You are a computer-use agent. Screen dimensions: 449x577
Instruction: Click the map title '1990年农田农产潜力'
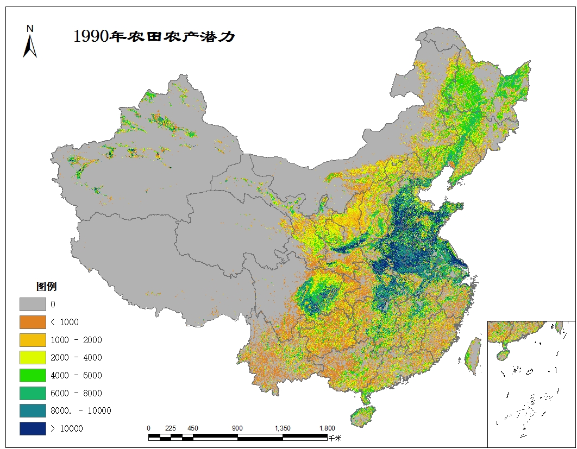coord(154,36)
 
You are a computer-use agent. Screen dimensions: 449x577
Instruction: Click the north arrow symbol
coord(30,46)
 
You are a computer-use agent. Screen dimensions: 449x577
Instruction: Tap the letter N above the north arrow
coord(30,28)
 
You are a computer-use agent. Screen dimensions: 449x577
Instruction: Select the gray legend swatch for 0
coord(33,304)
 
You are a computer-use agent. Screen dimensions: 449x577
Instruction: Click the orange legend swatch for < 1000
coord(33,322)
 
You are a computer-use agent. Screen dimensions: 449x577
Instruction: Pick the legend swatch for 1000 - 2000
coord(33,340)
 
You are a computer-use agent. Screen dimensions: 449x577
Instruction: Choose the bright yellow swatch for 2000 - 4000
coord(33,357)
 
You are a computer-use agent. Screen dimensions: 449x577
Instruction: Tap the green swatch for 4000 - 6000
coord(33,375)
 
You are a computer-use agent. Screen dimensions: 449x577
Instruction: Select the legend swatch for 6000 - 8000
coord(33,393)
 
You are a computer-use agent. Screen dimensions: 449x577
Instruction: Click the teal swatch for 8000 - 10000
coord(33,410)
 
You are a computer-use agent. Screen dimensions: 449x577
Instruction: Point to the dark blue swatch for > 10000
coord(33,428)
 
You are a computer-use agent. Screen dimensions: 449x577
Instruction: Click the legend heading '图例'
coord(46,286)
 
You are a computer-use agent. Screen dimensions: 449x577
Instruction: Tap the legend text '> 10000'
coord(67,429)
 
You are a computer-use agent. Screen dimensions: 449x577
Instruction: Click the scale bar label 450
coord(193,428)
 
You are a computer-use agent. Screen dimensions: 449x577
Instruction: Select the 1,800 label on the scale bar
coord(327,428)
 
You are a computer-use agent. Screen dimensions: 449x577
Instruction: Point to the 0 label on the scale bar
coord(149,428)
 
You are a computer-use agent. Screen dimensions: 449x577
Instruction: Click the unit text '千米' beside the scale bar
coord(335,438)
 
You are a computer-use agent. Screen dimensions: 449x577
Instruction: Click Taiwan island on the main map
coord(474,356)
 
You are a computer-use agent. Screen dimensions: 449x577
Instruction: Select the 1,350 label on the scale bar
coord(283,428)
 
